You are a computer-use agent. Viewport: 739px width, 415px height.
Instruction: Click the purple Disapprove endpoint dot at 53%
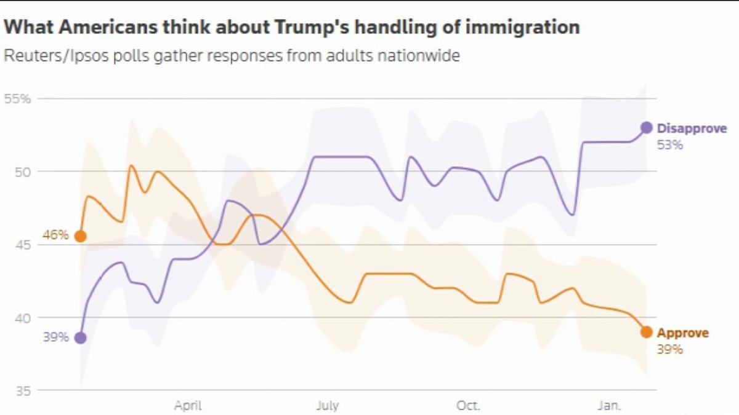646,127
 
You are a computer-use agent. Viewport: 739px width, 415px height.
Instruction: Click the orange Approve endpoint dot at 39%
646,332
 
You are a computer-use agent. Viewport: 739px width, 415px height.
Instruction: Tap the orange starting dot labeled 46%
80,236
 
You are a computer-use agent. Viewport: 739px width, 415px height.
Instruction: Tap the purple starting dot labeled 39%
80,338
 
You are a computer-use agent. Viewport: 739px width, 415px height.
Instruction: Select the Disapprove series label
692,128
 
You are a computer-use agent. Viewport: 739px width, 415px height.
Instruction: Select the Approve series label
682,333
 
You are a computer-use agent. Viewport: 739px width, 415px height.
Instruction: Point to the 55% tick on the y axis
17,98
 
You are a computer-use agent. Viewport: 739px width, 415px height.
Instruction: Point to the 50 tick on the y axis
22,171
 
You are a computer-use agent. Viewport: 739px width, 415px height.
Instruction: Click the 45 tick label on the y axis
22,245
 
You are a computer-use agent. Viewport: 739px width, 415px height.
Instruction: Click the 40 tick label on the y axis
22,318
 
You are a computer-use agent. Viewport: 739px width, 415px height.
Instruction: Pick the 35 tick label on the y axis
22,390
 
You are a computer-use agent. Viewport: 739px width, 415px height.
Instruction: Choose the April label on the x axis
188,406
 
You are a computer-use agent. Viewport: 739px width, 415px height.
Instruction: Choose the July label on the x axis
327,406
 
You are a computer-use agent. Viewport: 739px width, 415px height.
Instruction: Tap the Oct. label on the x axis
468,406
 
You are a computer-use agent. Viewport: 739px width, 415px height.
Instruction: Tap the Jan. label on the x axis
610,406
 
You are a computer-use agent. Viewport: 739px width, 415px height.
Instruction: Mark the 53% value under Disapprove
669,146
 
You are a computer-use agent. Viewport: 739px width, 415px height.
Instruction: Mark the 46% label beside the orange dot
55,235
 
